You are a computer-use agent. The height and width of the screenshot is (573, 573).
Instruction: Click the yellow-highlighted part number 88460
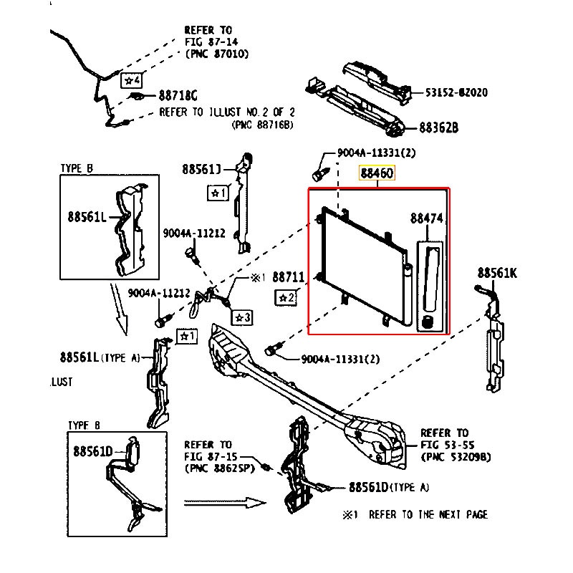coord(377,173)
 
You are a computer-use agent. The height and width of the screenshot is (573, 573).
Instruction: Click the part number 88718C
coord(178,95)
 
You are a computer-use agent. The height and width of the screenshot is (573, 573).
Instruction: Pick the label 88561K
coord(497,273)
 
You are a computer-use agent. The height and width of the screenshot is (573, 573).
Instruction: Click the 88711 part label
coord(289,276)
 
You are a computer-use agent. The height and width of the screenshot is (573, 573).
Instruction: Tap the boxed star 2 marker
coord(286,297)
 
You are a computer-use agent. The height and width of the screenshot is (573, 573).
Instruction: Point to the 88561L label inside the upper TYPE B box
coord(87,216)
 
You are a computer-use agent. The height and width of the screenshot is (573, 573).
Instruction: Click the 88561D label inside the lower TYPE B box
coord(92,451)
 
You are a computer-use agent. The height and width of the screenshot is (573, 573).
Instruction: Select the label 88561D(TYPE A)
coord(389,488)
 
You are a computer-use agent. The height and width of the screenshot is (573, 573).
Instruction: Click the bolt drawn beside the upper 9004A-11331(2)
coord(319,174)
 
